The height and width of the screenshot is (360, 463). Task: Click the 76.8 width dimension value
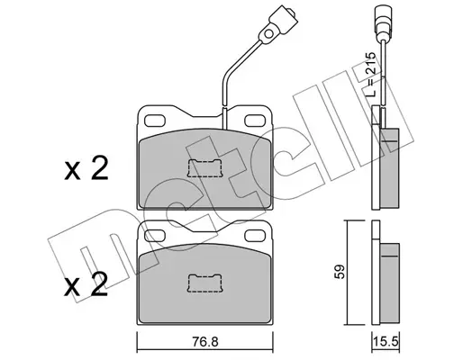coord(206,341)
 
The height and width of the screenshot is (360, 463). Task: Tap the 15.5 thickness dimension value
coord(386,341)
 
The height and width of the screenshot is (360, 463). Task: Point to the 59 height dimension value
coord(340,272)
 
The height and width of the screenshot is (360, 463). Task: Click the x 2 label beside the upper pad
coord(86,168)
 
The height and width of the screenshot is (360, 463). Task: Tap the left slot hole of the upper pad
coord(155,121)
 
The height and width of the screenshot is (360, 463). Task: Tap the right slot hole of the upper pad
coord(255,121)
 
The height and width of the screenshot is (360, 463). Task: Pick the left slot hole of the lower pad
coord(155,236)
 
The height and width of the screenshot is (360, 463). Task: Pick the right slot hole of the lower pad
coord(255,236)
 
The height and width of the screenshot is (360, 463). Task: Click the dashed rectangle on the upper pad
coord(204,168)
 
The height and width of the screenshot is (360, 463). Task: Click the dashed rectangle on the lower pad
coord(204,283)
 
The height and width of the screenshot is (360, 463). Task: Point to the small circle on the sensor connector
coord(268,33)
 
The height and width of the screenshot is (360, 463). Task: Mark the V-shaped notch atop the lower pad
coord(205,226)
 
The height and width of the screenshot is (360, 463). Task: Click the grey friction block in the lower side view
coord(389,283)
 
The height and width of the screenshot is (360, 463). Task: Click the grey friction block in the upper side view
coord(390,168)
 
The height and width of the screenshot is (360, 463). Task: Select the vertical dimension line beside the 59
coord(347,273)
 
